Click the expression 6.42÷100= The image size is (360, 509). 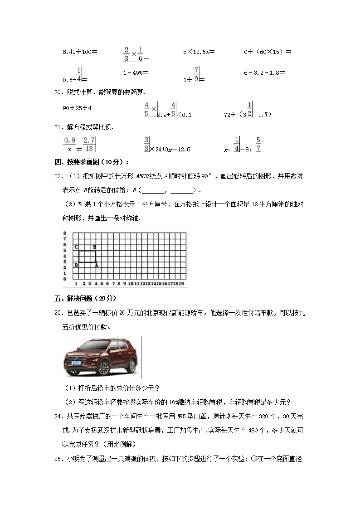click(80, 52)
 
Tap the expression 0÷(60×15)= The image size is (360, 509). click(268, 52)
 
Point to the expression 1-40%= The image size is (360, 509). click(136, 73)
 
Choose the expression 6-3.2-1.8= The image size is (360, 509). click(267, 73)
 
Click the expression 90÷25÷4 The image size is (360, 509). click(77, 108)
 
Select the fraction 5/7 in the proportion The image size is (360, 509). click(258, 145)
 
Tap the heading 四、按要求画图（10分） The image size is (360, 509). click(91, 162)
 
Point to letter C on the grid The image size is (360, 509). click(76, 247)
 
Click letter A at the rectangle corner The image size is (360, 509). click(97, 265)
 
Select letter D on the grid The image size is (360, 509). click(76, 265)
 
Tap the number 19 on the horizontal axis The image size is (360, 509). click(181, 284)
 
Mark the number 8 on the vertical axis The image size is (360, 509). click(65, 233)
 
